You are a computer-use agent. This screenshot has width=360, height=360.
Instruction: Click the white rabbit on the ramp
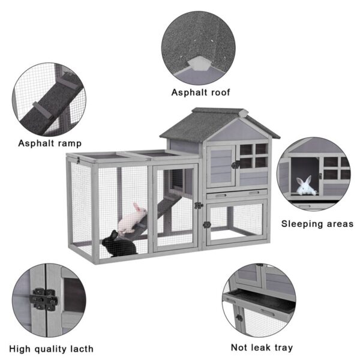pos(133,218)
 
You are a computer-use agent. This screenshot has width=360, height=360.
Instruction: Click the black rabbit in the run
pos(119,244)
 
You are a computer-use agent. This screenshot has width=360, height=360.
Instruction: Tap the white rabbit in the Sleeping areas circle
pos(307,186)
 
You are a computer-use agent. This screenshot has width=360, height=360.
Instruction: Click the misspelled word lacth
pos(79,349)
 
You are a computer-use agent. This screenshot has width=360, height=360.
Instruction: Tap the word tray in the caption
pos(281,347)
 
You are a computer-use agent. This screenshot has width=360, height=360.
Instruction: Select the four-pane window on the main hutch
pos(253,155)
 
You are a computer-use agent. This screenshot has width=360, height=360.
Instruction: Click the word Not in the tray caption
pos(241,347)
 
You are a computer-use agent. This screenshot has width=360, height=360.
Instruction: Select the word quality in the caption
pos(51,349)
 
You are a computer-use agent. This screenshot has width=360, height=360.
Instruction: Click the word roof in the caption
pos(219,92)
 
